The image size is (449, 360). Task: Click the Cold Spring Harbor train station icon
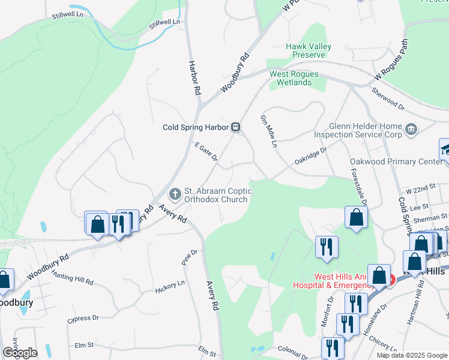click(x=237, y=127)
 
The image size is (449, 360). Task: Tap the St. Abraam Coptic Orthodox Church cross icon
click(x=175, y=193)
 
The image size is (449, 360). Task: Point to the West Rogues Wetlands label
click(x=294, y=79)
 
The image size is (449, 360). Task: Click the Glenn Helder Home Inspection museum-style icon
click(x=412, y=128)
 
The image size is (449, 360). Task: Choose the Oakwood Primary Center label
click(x=396, y=161)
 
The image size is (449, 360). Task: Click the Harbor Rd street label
click(x=194, y=77)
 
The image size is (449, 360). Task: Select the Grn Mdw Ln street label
click(x=268, y=131)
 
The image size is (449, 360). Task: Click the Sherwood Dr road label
click(x=388, y=97)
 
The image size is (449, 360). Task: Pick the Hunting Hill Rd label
click(x=72, y=277)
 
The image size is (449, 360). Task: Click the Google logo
click(x=20, y=353)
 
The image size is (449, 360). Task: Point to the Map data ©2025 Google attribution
click(x=412, y=355)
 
